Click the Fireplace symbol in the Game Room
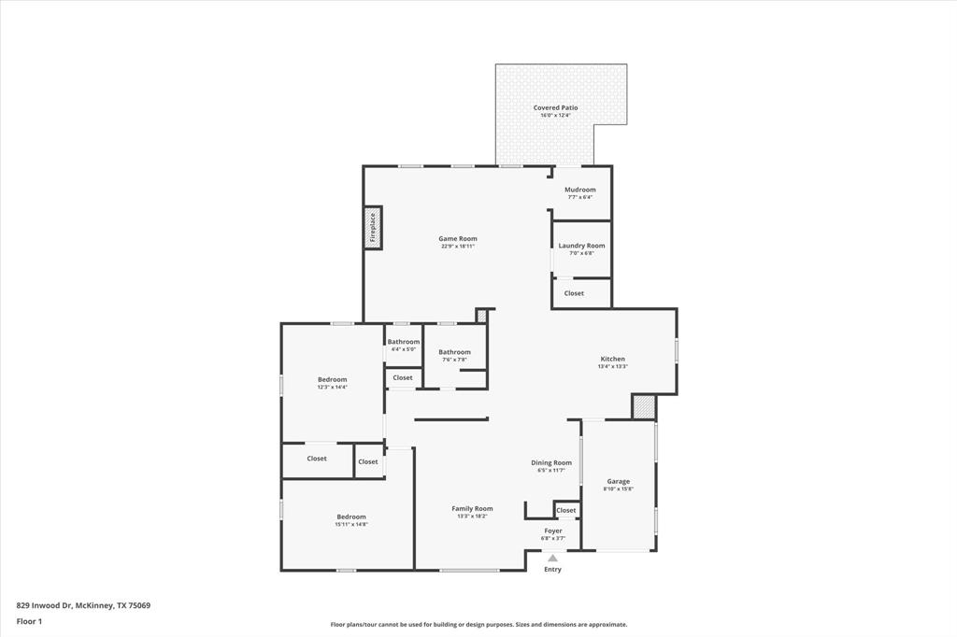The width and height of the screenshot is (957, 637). click(x=373, y=228)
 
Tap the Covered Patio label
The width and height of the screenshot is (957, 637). click(x=555, y=108)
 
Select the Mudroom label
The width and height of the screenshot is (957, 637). click(x=579, y=190)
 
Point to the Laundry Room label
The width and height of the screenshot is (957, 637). click(x=581, y=246)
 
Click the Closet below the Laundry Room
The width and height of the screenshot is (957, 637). click(x=574, y=293)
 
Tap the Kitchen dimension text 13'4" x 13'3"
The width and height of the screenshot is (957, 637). click(x=612, y=367)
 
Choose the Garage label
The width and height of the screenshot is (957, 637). click(x=618, y=482)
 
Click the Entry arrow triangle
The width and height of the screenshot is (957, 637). click(x=552, y=559)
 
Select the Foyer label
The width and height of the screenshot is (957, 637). click(x=553, y=531)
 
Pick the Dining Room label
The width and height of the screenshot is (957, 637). click(x=551, y=463)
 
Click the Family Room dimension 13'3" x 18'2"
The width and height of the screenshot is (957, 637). click(x=472, y=517)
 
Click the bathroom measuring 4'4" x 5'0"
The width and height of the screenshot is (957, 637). click(x=404, y=343)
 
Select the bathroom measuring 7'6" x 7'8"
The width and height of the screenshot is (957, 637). click(x=455, y=353)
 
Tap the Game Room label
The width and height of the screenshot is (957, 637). click(x=458, y=239)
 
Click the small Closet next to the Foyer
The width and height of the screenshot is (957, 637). click(x=566, y=511)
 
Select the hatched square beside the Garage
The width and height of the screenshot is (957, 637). click(x=644, y=407)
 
